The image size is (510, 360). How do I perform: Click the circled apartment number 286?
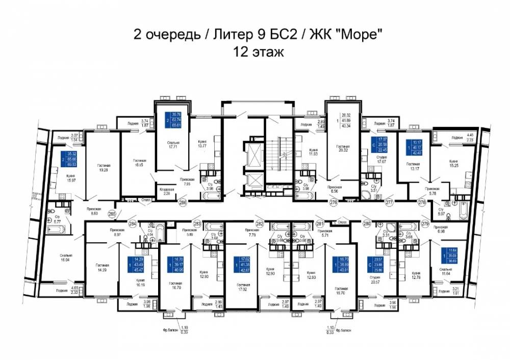pyautogui.click(x=182, y=202)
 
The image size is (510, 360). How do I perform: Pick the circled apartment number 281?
pyautogui.click(x=320, y=223)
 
